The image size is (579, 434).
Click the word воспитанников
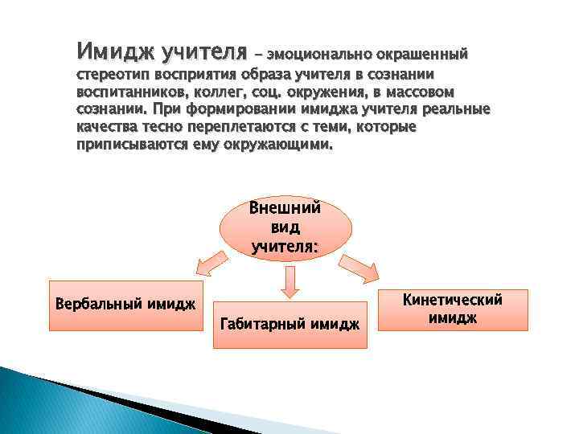tap(127, 92)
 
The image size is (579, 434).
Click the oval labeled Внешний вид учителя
tap(285, 227)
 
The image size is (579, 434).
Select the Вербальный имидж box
tap(126, 305)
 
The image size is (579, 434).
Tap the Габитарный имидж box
tap(289, 322)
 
